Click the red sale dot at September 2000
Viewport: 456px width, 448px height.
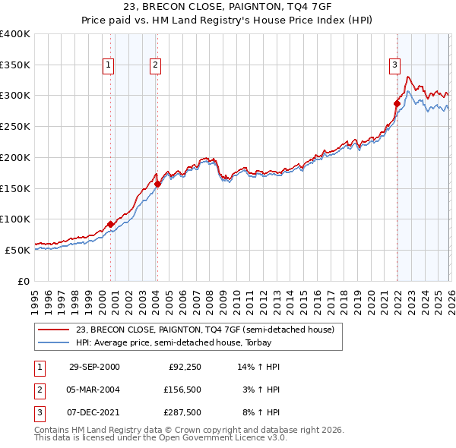coord(111,224)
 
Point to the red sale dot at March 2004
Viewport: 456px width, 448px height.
coord(157,184)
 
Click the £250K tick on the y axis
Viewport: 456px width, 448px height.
coord(15,127)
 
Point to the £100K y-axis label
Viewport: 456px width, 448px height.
coord(15,219)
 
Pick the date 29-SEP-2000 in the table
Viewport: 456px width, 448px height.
coord(94,367)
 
